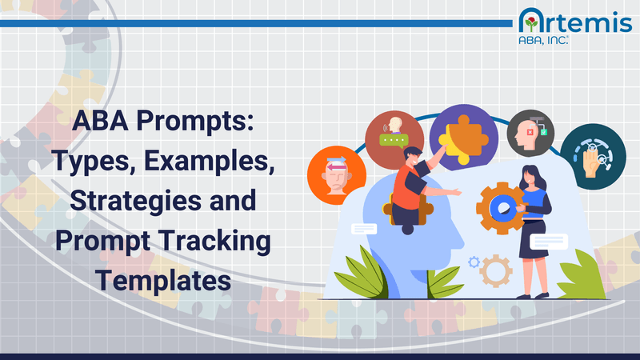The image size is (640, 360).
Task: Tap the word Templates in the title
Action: [x=163, y=281]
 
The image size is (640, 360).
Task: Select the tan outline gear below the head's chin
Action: [x=497, y=271]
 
